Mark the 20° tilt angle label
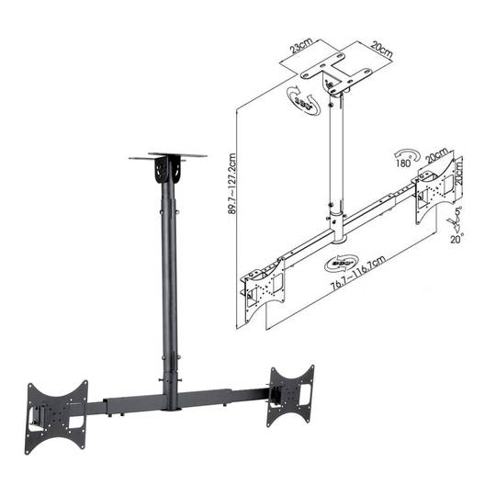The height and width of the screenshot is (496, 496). point(455,236)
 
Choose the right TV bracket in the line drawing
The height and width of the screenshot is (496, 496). point(435,187)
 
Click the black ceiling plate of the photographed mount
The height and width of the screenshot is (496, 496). point(165,159)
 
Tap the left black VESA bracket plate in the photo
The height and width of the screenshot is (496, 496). point(57,410)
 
